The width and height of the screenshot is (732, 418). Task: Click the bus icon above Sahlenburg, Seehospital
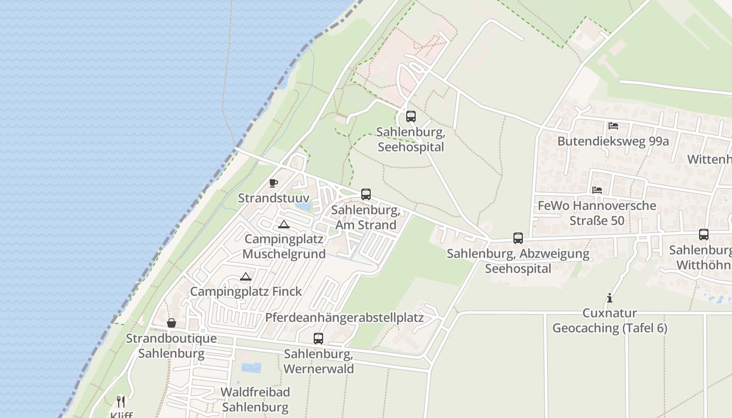[x=411, y=117]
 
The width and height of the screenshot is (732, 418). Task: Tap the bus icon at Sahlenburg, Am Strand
[x=366, y=194]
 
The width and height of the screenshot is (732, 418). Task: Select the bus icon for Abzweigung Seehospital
[x=518, y=238]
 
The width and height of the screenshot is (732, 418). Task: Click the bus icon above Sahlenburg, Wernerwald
[x=318, y=338]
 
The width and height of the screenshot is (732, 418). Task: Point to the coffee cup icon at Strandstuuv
[x=273, y=183]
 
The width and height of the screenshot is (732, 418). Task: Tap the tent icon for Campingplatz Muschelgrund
[x=284, y=225]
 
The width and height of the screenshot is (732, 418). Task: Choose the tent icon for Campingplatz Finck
[x=246, y=276]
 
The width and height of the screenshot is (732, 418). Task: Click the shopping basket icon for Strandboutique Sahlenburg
[x=171, y=323]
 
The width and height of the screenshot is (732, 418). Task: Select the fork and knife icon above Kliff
[x=121, y=401]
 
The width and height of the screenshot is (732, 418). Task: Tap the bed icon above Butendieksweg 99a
[x=613, y=126]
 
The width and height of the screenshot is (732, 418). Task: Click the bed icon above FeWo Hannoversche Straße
[x=597, y=190]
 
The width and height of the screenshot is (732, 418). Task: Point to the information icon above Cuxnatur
[x=610, y=298]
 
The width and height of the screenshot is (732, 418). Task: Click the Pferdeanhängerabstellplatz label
[x=344, y=318]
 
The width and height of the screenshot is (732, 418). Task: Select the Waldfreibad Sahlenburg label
[x=255, y=399]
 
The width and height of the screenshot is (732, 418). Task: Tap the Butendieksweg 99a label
[x=613, y=141]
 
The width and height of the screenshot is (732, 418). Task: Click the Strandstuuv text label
[x=273, y=199]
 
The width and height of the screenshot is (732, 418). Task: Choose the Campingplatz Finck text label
[x=246, y=292]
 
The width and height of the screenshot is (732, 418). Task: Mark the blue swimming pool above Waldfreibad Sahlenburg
[x=251, y=368]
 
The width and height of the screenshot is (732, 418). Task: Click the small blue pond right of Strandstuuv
[x=303, y=206]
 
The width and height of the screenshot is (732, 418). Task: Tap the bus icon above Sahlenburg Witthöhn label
[x=704, y=235]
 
